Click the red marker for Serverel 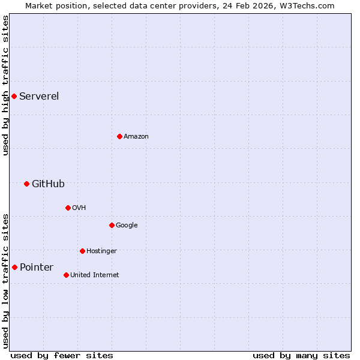(x=14, y=96)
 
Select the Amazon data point (x=119, y=136)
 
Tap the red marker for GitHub (x=26, y=184)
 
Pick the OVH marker (x=68, y=208)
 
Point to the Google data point (x=112, y=225)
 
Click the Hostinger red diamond (x=82, y=251)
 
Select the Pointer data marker (x=14, y=267)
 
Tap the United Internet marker (x=66, y=275)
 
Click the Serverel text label (x=39, y=96)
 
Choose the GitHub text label (x=48, y=184)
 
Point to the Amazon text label (x=136, y=136)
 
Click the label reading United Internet (x=94, y=275)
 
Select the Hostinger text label (x=101, y=251)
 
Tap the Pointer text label (x=37, y=267)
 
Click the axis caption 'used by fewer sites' (x=62, y=355)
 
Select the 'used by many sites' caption (x=301, y=355)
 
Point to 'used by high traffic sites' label (x=5, y=85)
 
